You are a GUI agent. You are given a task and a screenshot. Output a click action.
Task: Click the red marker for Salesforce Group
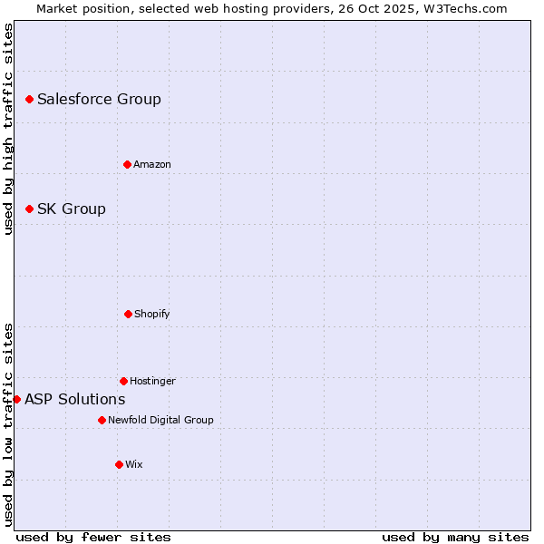coord(29,99)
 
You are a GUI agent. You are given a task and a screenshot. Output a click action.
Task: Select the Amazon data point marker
coord(127,164)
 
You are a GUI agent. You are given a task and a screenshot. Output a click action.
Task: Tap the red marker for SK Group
coord(29,209)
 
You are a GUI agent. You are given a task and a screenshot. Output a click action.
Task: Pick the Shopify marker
coord(128,314)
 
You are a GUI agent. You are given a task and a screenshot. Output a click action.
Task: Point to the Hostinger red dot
coord(123,381)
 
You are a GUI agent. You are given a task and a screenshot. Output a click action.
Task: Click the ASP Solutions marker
coord(16,399)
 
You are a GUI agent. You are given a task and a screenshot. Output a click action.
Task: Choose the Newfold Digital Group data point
coord(102,420)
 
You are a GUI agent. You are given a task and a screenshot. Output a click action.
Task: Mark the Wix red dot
coord(119,464)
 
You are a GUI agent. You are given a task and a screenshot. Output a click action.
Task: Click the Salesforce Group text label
coord(99,99)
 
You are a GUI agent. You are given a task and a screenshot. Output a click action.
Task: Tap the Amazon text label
coord(152,164)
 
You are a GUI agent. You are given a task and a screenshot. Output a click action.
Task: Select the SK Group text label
coord(72,209)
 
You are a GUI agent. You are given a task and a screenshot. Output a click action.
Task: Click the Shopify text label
coord(152,314)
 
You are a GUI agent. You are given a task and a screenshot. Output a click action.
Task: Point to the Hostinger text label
coord(152,381)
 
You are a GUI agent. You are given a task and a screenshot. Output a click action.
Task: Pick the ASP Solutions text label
coord(75,399)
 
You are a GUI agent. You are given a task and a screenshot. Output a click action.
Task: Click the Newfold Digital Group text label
coord(160,420)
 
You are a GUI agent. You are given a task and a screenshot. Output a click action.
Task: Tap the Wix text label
coord(134,464)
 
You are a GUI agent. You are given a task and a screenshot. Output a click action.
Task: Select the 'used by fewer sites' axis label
coord(93,537)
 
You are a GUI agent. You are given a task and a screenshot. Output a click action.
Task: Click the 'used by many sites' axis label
coord(455,537)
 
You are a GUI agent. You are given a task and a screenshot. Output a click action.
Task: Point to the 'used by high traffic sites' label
coord(8,129)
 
